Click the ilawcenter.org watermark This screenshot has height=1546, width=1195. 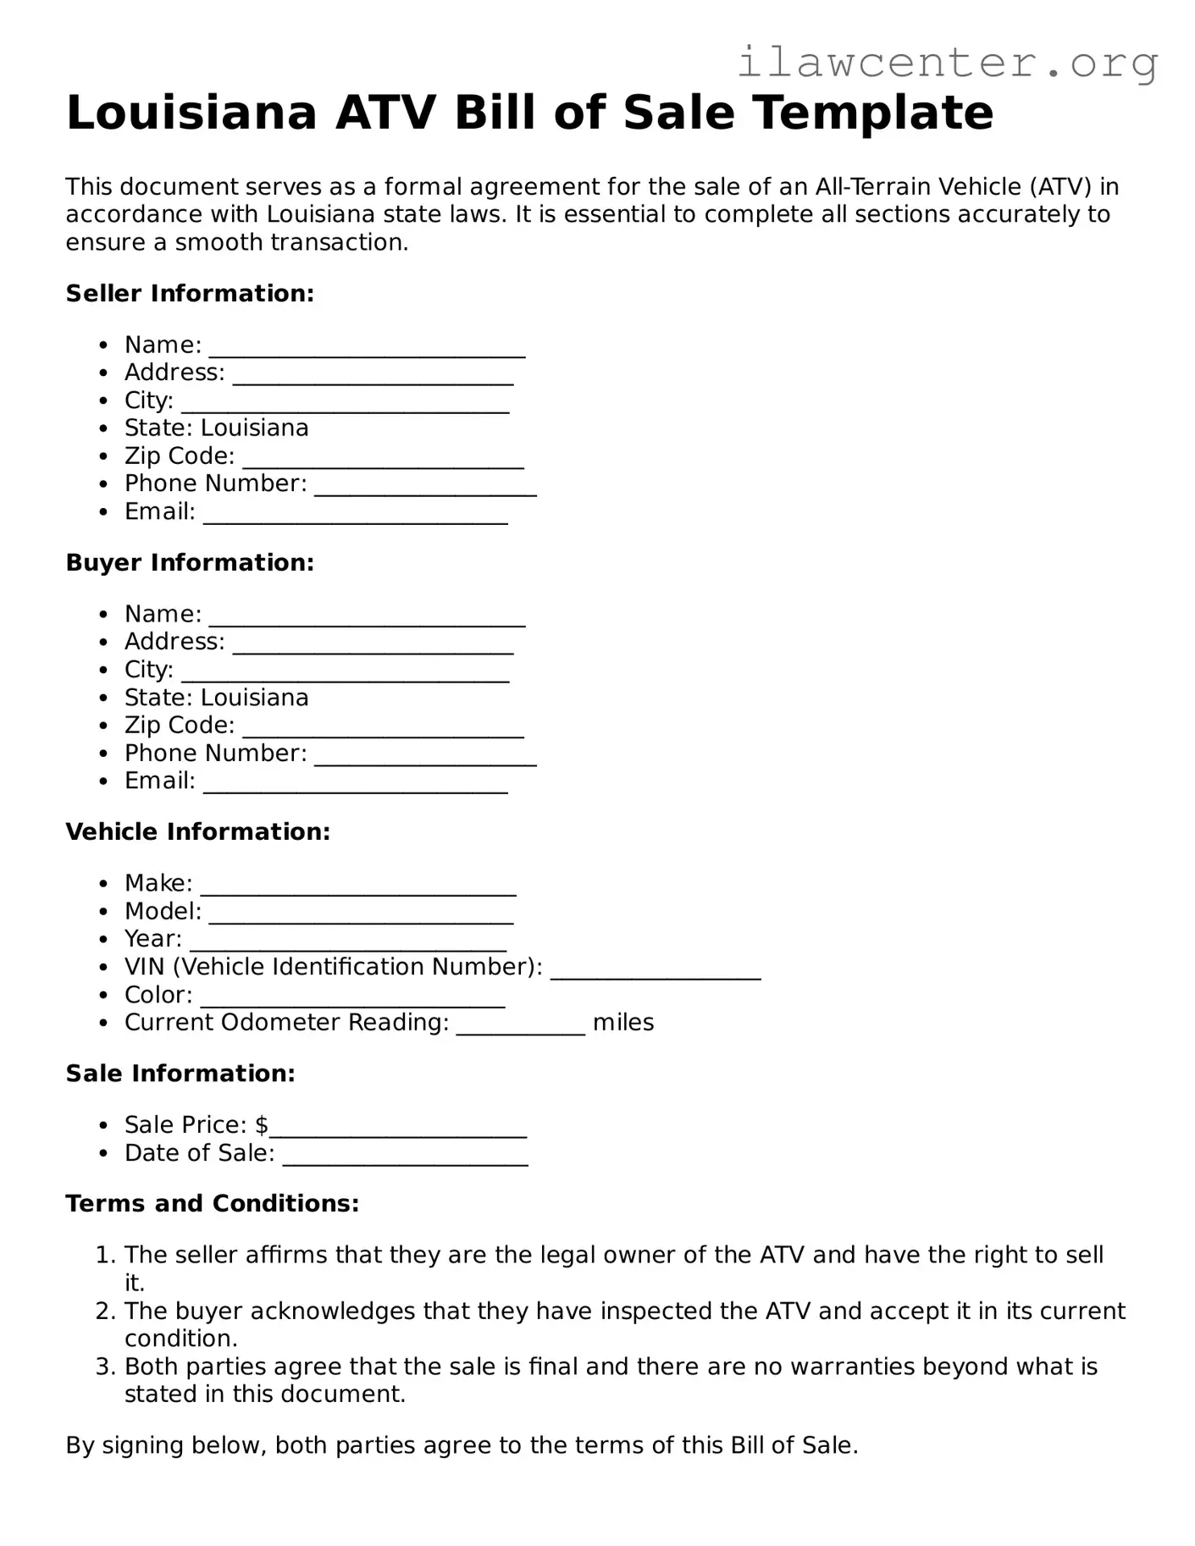click(x=947, y=63)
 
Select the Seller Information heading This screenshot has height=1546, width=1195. click(x=190, y=294)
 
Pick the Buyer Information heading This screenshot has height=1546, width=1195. click(x=190, y=563)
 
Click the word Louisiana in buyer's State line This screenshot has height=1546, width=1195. click(x=254, y=698)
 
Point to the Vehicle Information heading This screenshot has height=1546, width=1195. click(x=197, y=832)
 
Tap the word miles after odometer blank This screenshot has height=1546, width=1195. click(x=623, y=1023)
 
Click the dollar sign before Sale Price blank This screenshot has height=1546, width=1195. click(x=262, y=1125)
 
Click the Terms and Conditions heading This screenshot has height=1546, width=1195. click(x=212, y=1204)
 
